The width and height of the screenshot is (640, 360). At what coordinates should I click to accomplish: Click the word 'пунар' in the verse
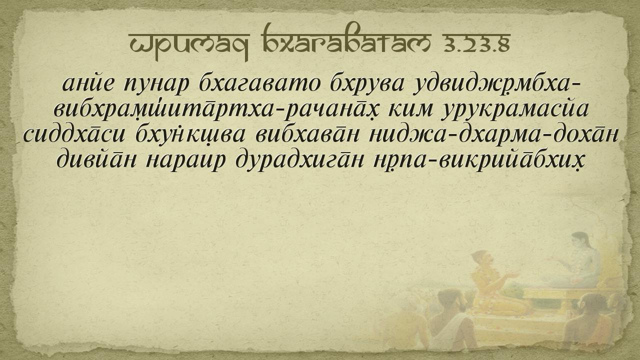tap(156, 85)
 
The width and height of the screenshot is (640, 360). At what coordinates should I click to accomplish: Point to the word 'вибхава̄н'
tap(306, 134)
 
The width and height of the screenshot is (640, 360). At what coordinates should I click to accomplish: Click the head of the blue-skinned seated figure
tap(580, 241)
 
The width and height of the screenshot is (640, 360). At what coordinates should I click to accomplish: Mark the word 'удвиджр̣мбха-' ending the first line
tap(497, 85)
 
